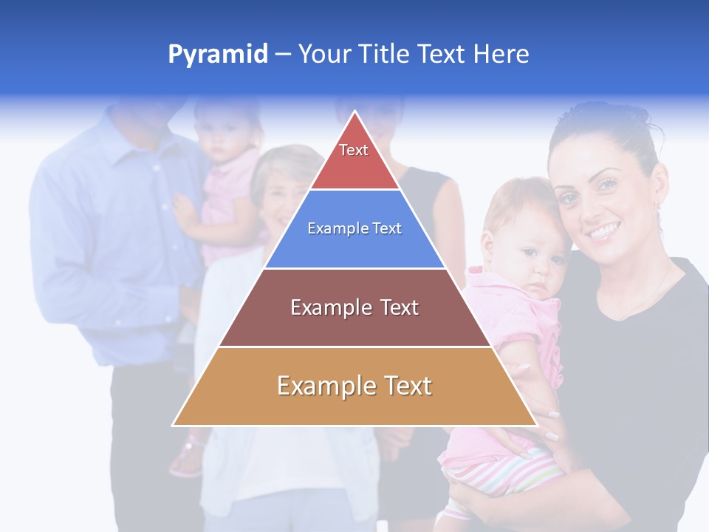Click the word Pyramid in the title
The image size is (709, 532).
click(x=217, y=55)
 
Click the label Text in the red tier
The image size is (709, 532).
click(x=354, y=150)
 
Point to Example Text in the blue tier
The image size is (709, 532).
click(x=354, y=228)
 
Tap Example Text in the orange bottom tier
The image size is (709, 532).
click(x=354, y=386)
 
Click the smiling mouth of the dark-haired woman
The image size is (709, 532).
click(x=603, y=233)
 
